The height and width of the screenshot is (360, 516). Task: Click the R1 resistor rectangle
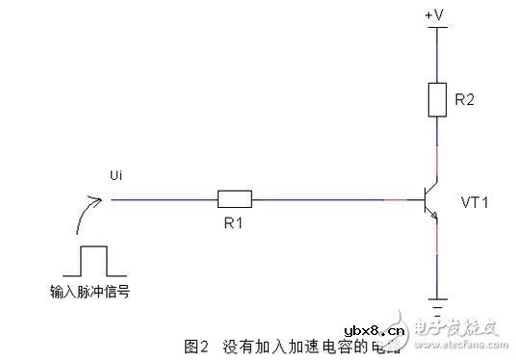tap(235, 199)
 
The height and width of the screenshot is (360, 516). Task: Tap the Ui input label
tap(117, 175)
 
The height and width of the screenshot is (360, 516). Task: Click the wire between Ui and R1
tap(164, 199)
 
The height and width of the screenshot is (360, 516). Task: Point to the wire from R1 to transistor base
tap(327, 199)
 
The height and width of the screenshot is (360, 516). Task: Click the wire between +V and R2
tap(439, 53)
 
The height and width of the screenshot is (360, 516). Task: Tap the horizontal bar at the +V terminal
tap(439, 27)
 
